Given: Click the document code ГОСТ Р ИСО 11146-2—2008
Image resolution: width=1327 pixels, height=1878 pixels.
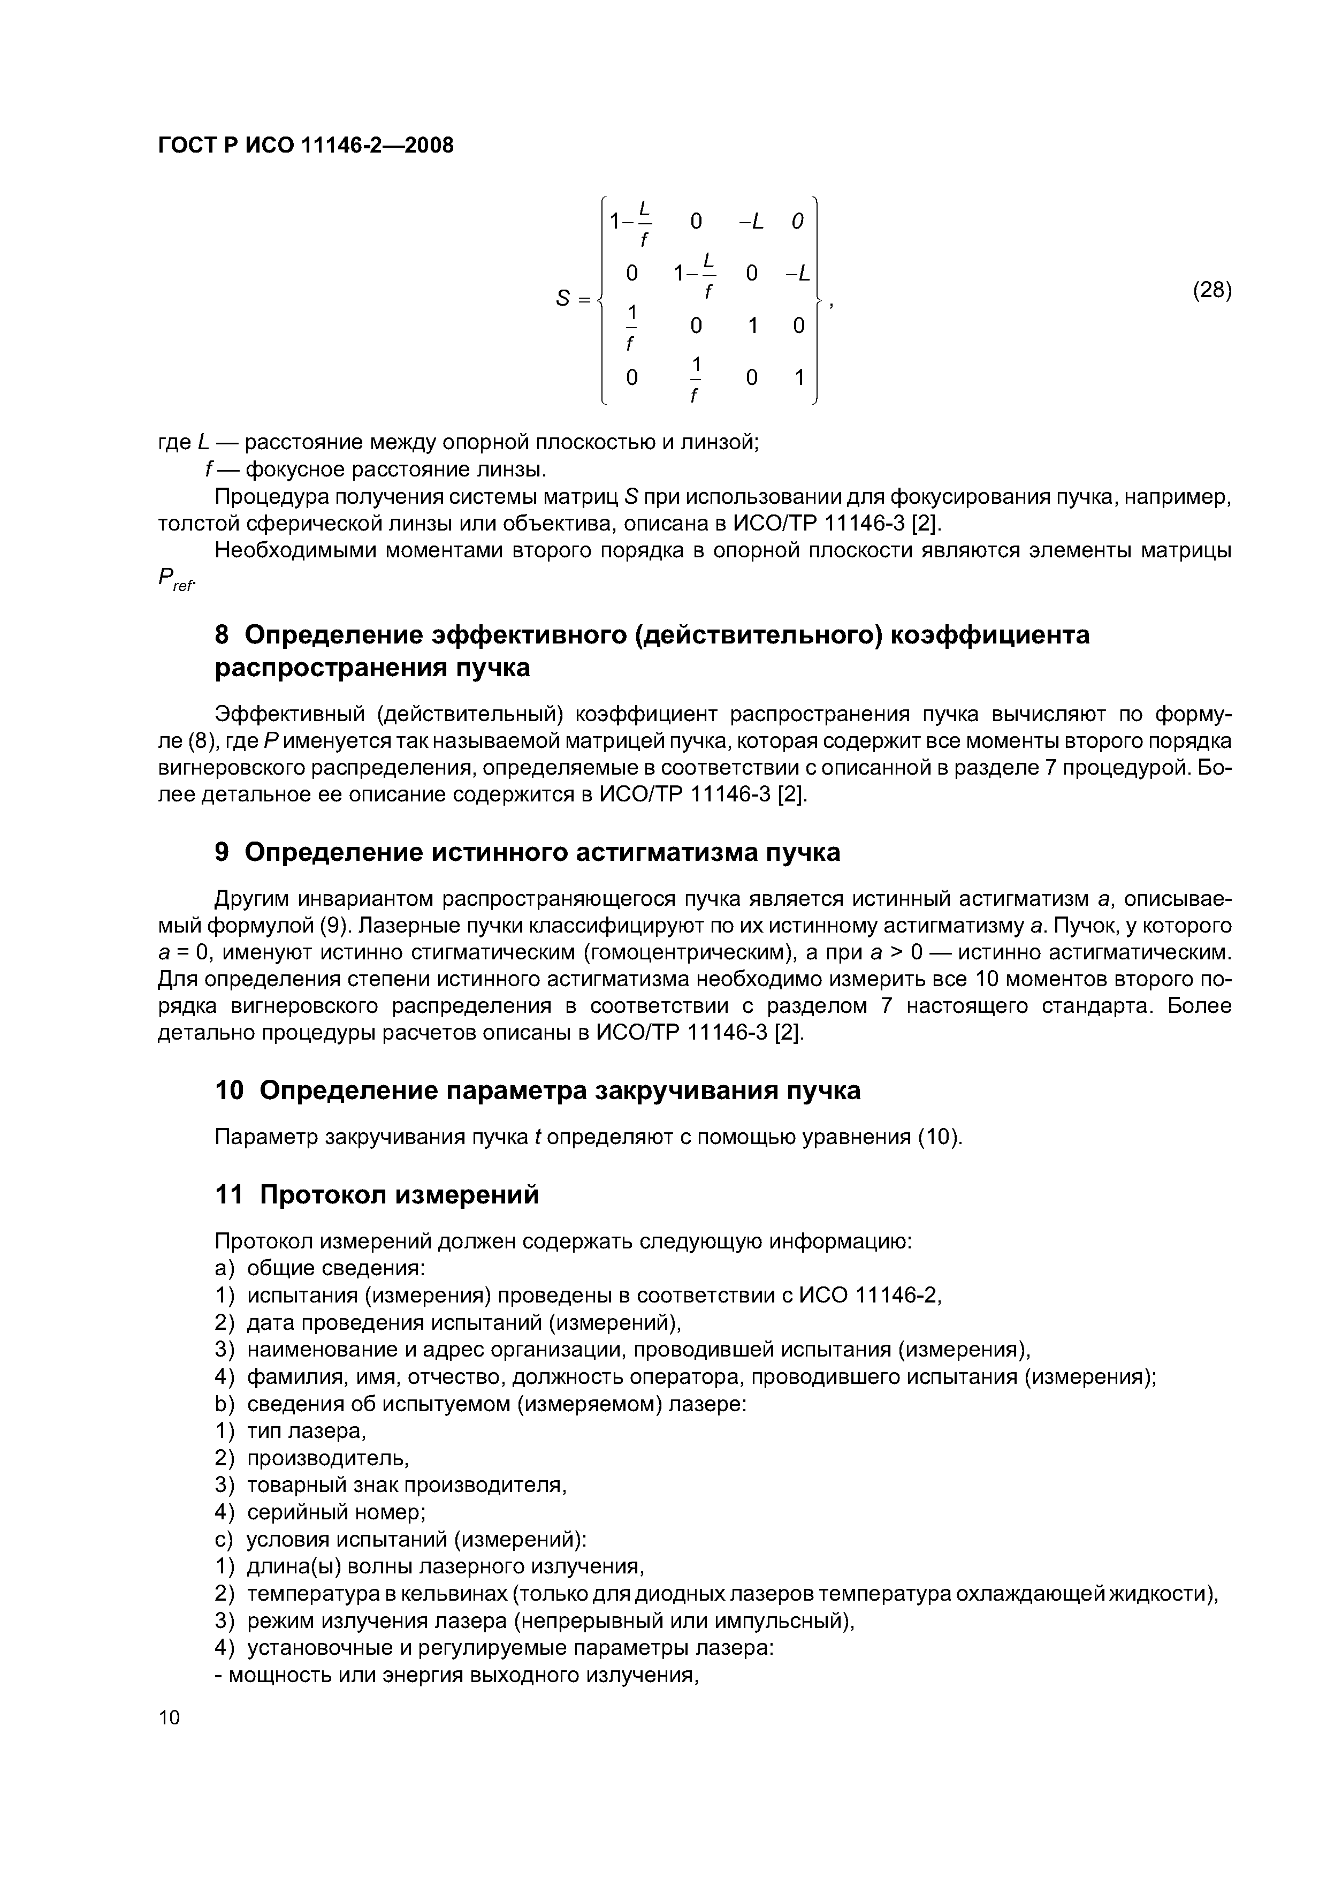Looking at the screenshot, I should click(x=305, y=146).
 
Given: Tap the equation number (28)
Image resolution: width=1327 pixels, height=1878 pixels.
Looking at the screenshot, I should click(x=1212, y=290).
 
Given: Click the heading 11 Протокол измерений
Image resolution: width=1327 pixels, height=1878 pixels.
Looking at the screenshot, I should click(x=376, y=1195).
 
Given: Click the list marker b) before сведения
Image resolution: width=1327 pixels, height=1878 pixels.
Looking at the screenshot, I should click(x=224, y=1404).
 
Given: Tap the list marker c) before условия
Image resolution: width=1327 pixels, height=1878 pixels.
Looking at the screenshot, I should click(x=224, y=1539).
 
